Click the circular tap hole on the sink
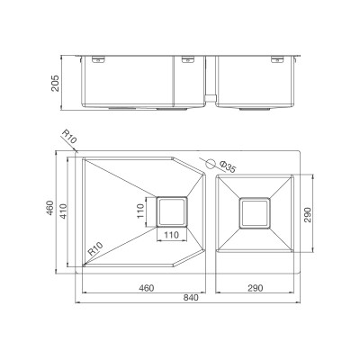click(212, 165)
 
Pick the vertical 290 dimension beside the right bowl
click(309, 214)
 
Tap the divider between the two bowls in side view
click(209, 85)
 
